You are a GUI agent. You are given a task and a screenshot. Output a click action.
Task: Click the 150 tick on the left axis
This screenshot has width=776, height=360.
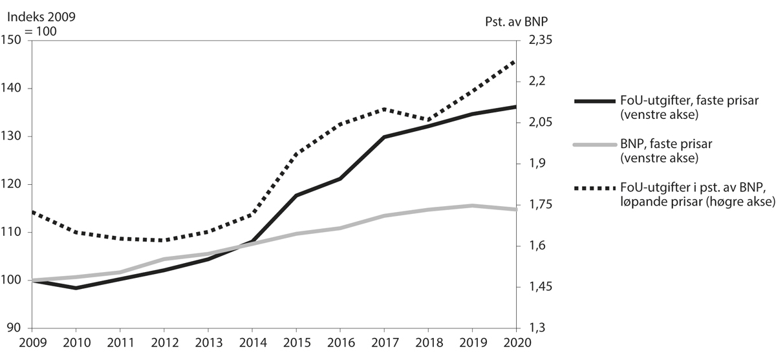point(13,40)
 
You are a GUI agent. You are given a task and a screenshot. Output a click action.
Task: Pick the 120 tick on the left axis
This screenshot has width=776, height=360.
point(13,184)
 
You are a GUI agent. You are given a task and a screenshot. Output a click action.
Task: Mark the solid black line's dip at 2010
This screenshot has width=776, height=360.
point(76,288)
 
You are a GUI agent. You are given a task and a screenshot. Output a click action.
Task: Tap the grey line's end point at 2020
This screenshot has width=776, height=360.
point(515,209)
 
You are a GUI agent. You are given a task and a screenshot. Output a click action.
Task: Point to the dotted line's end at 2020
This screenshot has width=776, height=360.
point(515,60)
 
